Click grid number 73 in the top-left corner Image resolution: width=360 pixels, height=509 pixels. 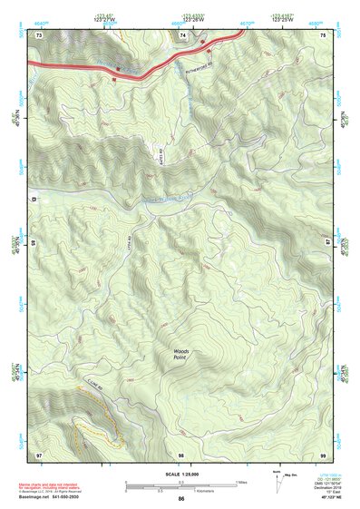pos(39,34)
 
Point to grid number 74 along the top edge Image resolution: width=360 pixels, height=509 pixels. pos(183,34)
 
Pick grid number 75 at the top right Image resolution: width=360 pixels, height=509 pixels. pos(323,34)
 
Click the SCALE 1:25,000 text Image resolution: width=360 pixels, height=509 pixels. pos(180,475)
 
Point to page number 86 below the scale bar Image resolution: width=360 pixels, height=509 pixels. pos(181,499)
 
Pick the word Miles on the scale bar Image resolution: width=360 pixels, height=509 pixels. pos(240,481)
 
